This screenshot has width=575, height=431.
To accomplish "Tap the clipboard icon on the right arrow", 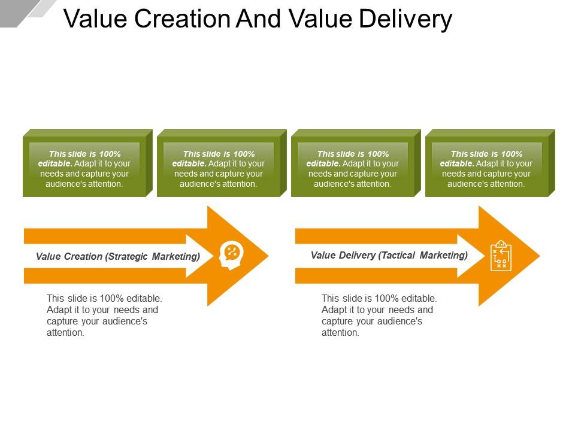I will point(501,256).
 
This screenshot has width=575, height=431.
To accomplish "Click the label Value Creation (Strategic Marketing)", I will point(118,257).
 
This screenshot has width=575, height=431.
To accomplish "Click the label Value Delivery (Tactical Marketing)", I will point(389,256).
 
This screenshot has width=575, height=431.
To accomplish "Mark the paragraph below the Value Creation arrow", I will point(104,315).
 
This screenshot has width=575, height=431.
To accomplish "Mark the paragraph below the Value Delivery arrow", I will point(379,315).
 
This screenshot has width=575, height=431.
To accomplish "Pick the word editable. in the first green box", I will point(55,163).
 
